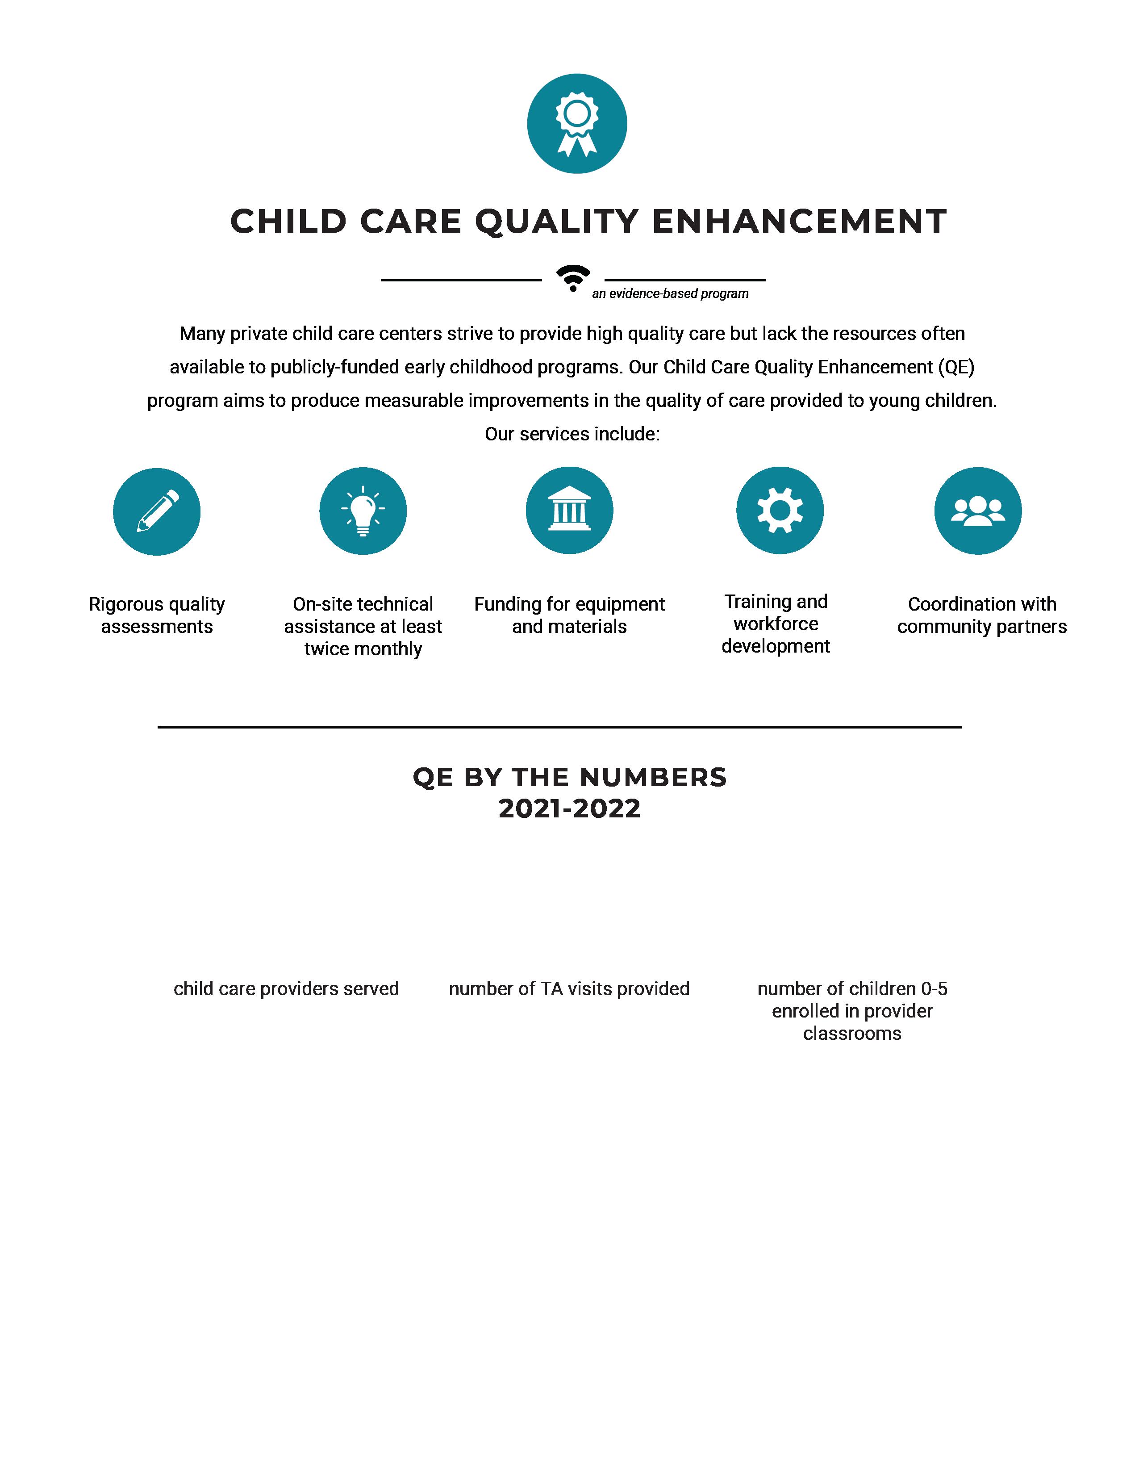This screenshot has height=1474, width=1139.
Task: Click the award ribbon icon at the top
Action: pyautogui.click(x=576, y=124)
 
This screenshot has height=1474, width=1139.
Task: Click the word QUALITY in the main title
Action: pyautogui.click(x=557, y=222)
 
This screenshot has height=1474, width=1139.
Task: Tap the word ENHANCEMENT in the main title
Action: pyautogui.click(x=800, y=222)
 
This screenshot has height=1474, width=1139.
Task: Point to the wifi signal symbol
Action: pyautogui.click(x=573, y=277)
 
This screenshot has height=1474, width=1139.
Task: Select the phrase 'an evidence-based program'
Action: pyautogui.click(x=670, y=293)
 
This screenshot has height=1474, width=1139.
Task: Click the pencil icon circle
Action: pyautogui.click(x=157, y=511)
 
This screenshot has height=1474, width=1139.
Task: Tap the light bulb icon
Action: pyautogui.click(x=363, y=511)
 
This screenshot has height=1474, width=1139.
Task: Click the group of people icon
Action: pyautogui.click(x=978, y=511)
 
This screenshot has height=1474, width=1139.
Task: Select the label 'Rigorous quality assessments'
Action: pyautogui.click(x=157, y=615)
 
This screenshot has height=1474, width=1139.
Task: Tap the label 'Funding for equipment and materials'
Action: pyautogui.click(x=570, y=615)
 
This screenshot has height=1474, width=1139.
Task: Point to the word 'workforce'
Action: pyautogui.click(x=776, y=624)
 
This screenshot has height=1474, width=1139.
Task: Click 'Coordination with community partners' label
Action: pyautogui.click(x=982, y=615)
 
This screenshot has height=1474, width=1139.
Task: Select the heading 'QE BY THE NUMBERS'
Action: pyautogui.click(x=570, y=778)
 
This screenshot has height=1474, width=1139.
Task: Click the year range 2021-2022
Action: pyautogui.click(x=570, y=808)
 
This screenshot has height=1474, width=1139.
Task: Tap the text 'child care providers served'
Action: pyautogui.click(x=286, y=989)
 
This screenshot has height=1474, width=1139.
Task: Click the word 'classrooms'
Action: pyautogui.click(x=852, y=1033)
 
